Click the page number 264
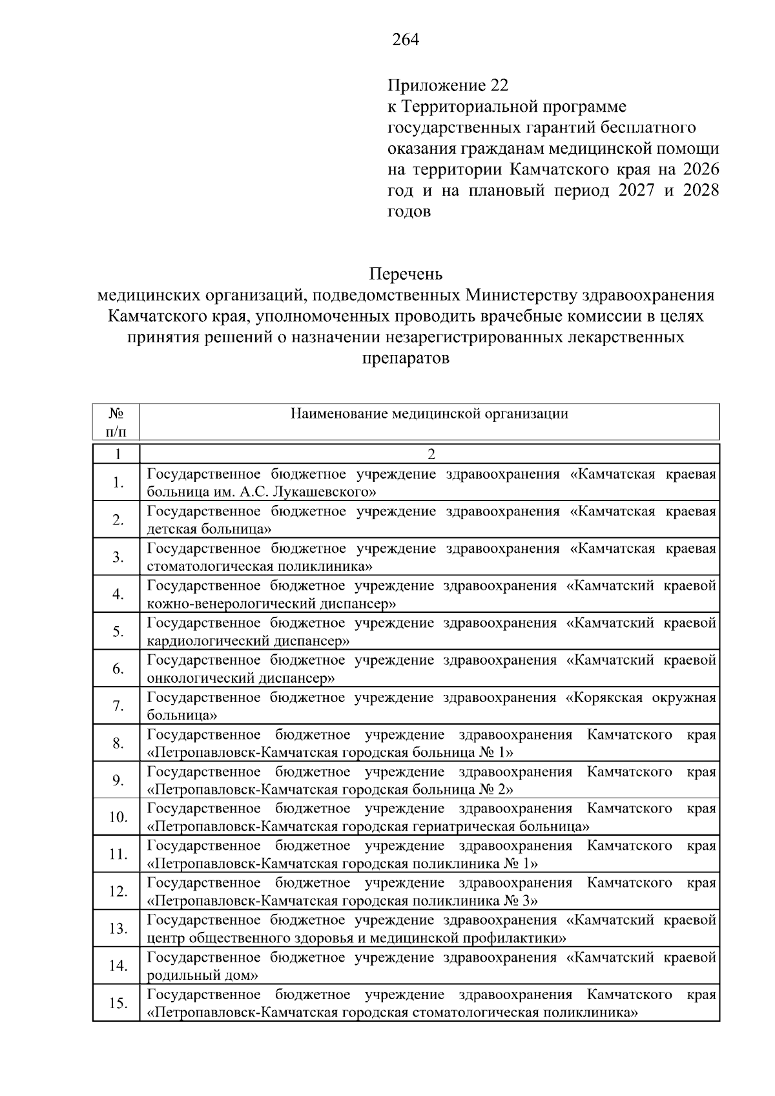coord(406,40)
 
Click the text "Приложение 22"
coord(448,85)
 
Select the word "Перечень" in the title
coord(406,274)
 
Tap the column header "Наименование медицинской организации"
coord(429,414)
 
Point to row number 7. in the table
coord(118,706)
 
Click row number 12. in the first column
coord(118,892)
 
